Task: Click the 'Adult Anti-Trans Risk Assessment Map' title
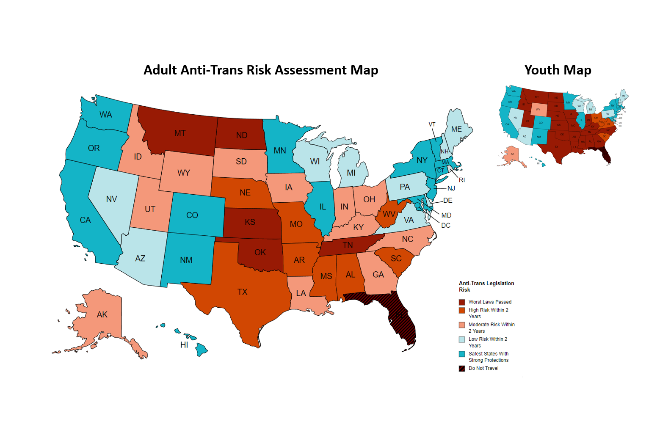[x=261, y=70]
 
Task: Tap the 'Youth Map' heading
[x=558, y=70]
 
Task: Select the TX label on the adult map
[x=242, y=292]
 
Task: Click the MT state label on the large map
[x=180, y=133]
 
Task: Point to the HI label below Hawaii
[x=184, y=345]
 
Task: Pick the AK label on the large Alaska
[x=102, y=314]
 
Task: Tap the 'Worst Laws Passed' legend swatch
[x=462, y=302]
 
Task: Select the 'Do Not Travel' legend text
[x=483, y=368]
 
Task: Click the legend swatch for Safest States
[x=462, y=354]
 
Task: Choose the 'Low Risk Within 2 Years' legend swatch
[x=462, y=339]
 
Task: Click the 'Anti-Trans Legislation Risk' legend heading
[x=486, y=287]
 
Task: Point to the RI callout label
[x=462, y=180]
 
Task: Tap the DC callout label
[x=446, y=226]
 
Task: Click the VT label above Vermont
[x=432, y=124]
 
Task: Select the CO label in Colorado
[x=192, y=215]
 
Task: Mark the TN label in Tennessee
[x=348, y=245]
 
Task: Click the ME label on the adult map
[x=456, y=129]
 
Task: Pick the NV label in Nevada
[x=111, y=199]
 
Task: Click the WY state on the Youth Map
[x=538, y=109]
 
